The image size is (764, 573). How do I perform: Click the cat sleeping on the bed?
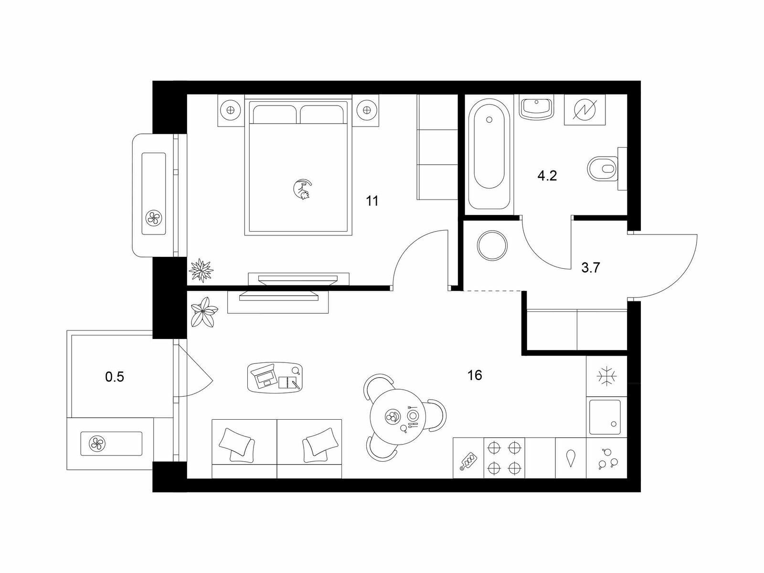point(302,190)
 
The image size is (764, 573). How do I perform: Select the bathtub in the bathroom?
point(489,154)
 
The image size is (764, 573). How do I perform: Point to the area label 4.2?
point(547,176)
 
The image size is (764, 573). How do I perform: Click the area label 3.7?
point(591,268)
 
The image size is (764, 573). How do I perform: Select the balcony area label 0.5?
point(115,377)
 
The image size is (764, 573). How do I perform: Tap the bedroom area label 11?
point(371,201)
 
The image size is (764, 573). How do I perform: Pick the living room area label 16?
point(475,375)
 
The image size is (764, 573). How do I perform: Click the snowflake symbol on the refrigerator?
point(607,376)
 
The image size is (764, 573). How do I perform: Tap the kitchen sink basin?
point(605,417)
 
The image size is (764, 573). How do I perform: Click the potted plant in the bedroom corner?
point(201,270)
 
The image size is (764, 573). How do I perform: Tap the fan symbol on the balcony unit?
point(97,444)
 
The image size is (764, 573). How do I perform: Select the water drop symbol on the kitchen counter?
point(571,458)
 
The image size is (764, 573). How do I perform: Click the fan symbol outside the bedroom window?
point(153,218)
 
